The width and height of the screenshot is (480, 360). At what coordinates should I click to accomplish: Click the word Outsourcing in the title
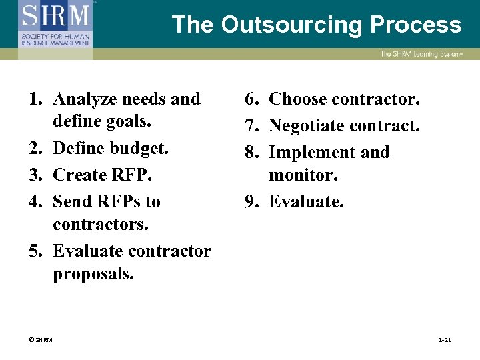(x=291, y=25)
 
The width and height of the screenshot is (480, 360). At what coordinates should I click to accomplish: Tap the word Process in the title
(x=416, y=25)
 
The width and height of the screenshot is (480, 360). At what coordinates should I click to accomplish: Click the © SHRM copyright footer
(x=41, y=340)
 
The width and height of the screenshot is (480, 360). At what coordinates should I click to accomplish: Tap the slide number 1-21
(x=445, y=340)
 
